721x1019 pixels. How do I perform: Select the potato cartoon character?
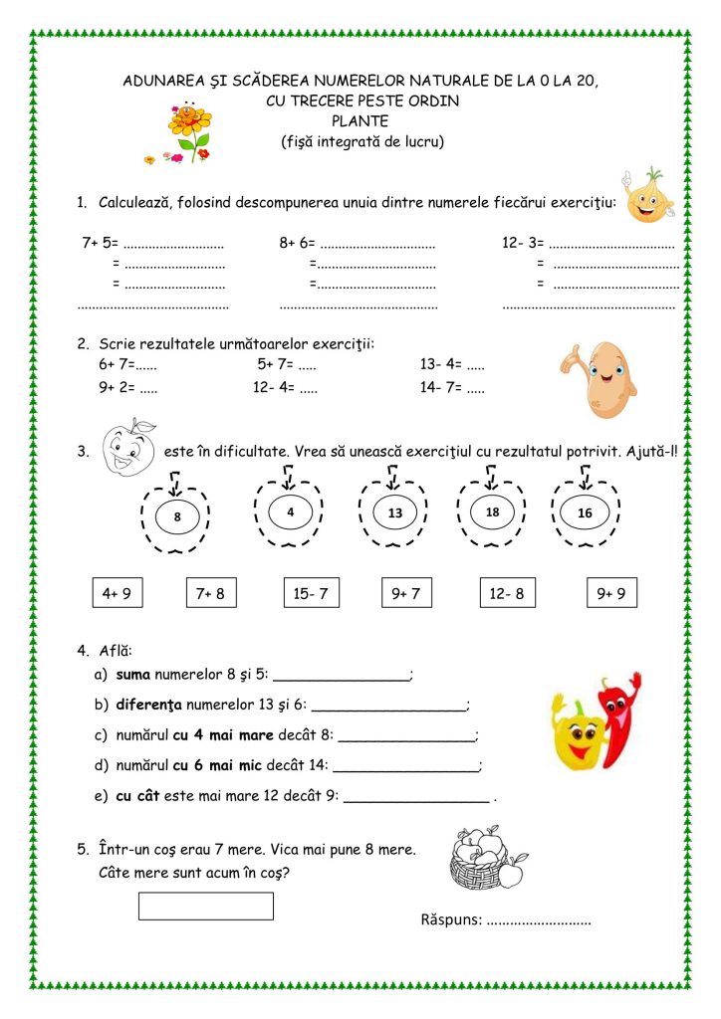pos(599,378)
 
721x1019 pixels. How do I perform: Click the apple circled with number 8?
pos(177,516)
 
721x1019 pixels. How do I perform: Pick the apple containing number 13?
pos(394,512)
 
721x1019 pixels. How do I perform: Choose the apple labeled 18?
pos(492,512)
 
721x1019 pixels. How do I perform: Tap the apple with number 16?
pos(585,512)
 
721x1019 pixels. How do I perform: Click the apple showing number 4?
pos(291,512)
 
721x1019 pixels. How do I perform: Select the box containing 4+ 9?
pos(117,593)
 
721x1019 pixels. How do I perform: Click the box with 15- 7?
pos(310,593)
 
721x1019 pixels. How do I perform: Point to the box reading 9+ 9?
pos(611,593)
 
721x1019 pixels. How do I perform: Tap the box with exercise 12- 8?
pos(506,593)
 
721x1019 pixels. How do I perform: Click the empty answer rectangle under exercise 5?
pos(205,906)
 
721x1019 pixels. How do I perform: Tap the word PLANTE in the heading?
pos(360,121)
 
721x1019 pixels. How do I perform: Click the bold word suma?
pos(132,674)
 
